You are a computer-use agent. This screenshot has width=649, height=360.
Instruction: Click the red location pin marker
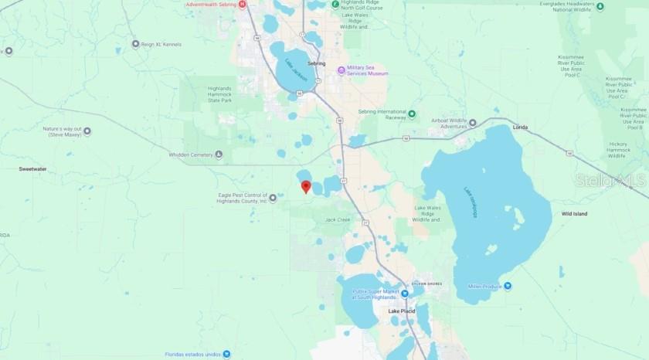pos(306,186)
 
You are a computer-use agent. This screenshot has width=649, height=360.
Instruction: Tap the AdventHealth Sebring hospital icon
pos(243,5)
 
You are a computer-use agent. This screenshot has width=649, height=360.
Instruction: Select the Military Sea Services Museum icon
pos(341,72)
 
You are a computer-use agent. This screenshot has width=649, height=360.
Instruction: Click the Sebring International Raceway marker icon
pos(412,114)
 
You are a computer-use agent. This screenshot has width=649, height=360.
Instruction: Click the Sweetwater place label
pos(33,168)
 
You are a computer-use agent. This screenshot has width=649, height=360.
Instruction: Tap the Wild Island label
pos(574,213)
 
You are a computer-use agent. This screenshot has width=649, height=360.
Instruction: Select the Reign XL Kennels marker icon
pos(136,44)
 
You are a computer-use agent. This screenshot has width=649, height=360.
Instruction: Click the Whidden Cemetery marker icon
pos(219,155)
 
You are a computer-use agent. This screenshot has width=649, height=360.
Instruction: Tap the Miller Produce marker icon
pos(508,286)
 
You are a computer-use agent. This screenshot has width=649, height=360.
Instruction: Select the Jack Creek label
pos(338,219)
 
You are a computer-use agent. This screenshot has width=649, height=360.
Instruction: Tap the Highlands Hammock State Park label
pos(219,94)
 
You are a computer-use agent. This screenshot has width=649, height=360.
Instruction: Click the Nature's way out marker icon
pos(87,131)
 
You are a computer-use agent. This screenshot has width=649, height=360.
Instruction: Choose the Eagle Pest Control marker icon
pos(273,199)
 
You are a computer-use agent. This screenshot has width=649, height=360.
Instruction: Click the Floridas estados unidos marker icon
pos(227,355)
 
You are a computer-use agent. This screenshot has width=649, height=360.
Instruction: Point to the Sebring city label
pos(316,63)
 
